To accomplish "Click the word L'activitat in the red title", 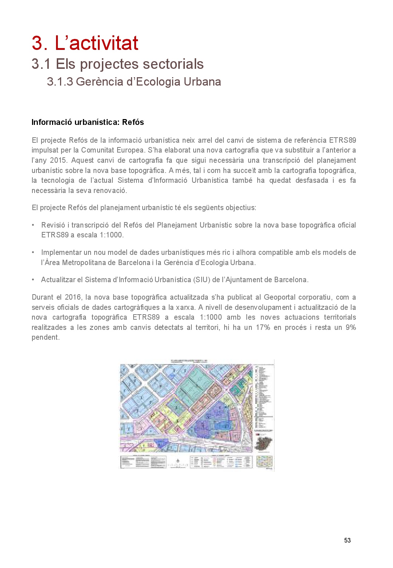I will (96, 43).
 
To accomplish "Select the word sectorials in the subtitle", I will (173, 64).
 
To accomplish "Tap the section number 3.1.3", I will (60, 82).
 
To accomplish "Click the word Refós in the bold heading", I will (133, 122).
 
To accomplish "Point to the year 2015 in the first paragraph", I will (58, 160).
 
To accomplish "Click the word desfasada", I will (311, 180).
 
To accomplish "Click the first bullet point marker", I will (33, 225).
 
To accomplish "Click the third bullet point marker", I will (33, 280).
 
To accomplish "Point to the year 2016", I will (73, 297).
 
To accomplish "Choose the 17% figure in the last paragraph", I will (263, 327).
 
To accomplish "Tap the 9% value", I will (350, 327).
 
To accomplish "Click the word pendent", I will (45, 337).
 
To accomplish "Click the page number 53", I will (347, 540).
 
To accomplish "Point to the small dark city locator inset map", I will (263, 443).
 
